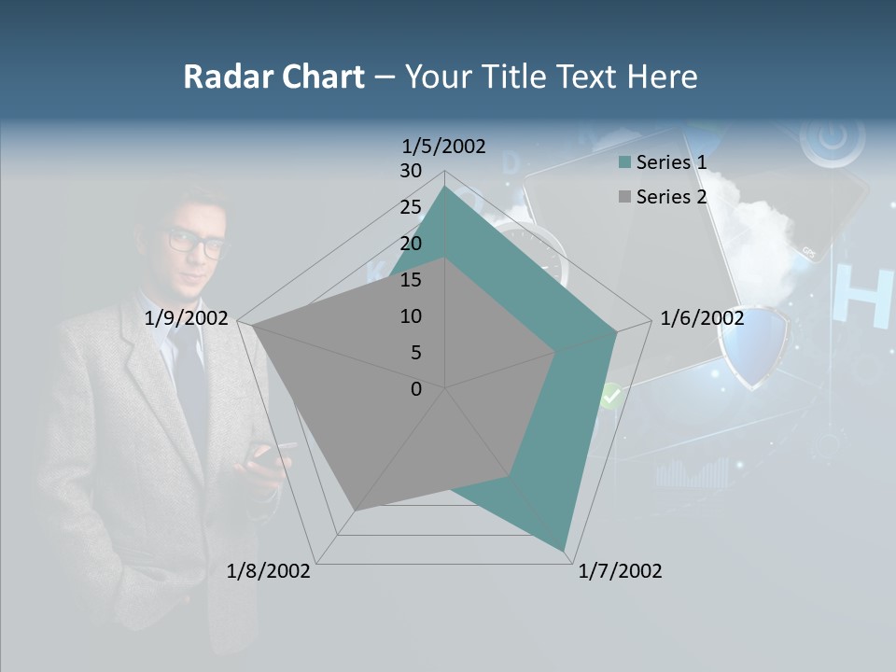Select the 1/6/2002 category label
[x=702, y=318]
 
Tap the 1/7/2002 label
[x=620, y=571]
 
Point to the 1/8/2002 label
[x=269, y=571]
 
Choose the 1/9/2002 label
[x=187, y=318]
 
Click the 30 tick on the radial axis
[x=411, y=171]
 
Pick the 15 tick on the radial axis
[x=411, y=280]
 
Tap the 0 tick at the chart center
[x=416, y=389]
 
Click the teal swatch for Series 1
[x=624, y=162]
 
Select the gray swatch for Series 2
[x=624, y=197]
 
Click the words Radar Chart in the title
[x=273, y=77]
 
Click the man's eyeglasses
[x=197, y=243]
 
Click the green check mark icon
[x=610, y=396]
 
